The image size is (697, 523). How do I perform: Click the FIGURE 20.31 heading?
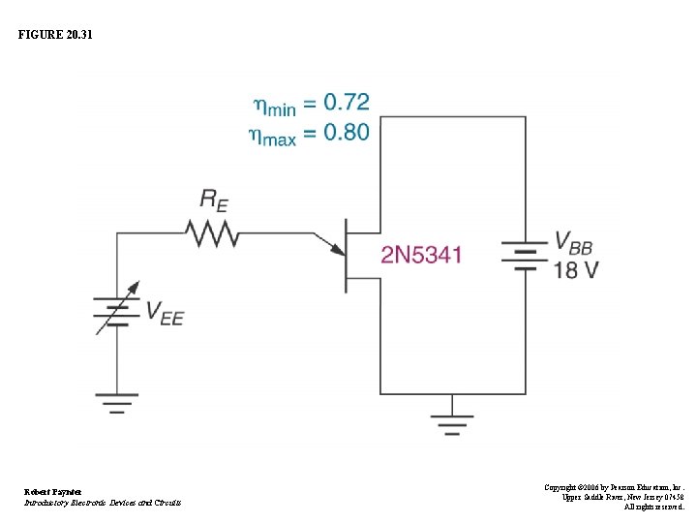click(x=57, y=35)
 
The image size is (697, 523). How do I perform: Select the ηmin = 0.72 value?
click(x=311, y=104)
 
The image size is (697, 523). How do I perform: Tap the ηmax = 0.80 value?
click(x=310, y=133)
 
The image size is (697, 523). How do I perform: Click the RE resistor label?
click(x=214, y=200)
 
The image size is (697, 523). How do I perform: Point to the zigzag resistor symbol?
click(x=212, y=233)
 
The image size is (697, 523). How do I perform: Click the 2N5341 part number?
click(x=421, y=256)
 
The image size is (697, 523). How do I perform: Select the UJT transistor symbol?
click(x=350, y=256)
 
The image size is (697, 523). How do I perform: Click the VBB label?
click(x=575, y=242)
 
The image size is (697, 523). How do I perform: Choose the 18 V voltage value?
click(x=575, y=270)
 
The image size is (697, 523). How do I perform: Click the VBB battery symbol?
click(x=524, y=256)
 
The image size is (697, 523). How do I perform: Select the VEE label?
click(x=165, y=312)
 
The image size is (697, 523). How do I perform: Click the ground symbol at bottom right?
click(x=452, y=422)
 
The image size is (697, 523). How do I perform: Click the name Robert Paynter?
click(x=53, y=491)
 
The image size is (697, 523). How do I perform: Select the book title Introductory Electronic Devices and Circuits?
click(x=103, y=503)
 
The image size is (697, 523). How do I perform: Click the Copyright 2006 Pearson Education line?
click(x=614, y=486)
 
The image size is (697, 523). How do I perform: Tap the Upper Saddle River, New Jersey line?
click(x=622, y=497)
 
